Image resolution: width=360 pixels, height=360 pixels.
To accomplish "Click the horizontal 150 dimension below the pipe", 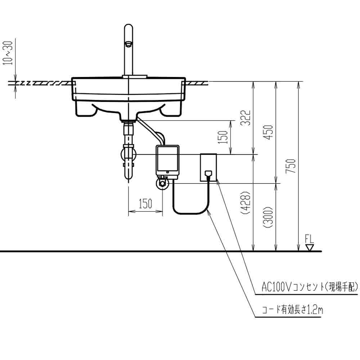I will (x=145, y=204).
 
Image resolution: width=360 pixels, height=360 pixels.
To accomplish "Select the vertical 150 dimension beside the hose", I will (x=223, y=137).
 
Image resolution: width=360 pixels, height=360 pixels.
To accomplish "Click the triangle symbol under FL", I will (x=309, y=248).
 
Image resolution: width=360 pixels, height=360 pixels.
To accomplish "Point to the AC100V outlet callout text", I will (x=310, y=287).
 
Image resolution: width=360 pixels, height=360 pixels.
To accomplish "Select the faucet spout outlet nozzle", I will (x=128, y=44).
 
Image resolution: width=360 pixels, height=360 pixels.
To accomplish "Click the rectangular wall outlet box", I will (x=208, y=167).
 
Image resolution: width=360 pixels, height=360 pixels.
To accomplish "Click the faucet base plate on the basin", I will (x=134, y=76).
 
